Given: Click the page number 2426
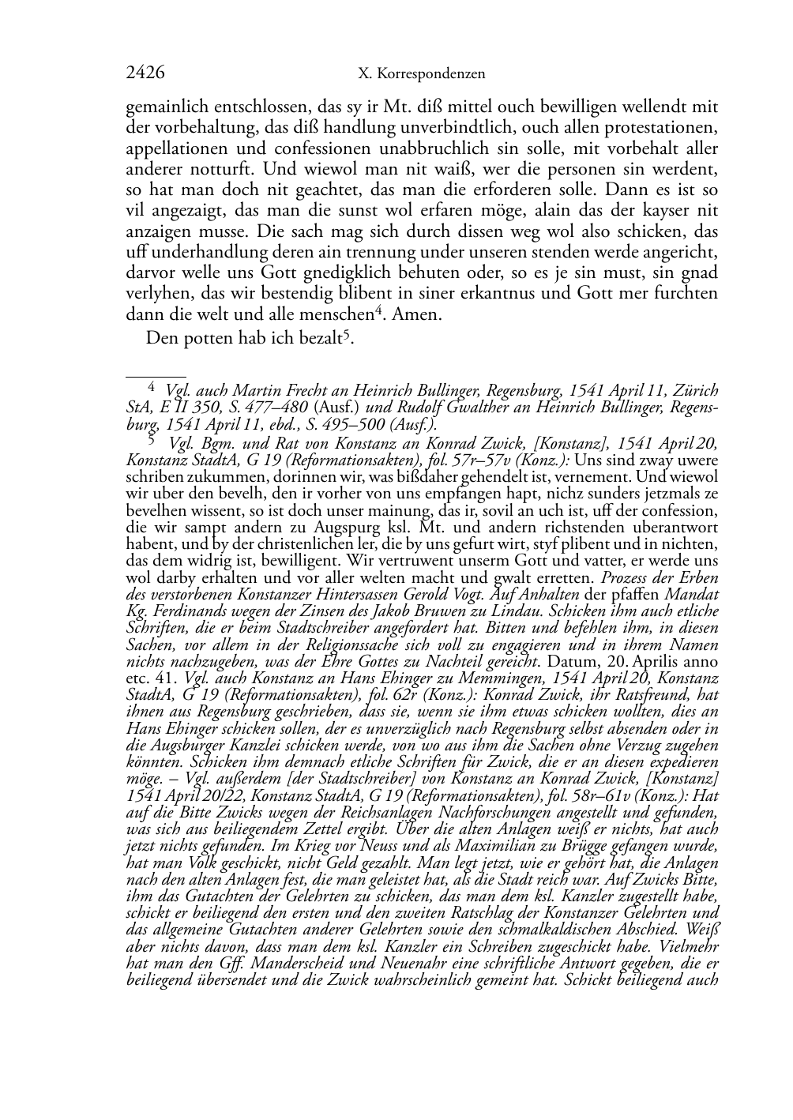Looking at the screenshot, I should (x=145, y=73).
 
